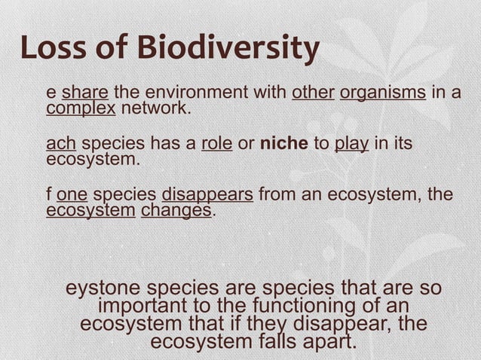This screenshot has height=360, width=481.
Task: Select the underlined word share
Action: click(85, 93)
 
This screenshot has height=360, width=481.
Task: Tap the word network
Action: click(156, 109)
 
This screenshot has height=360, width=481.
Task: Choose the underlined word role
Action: click(216, 144)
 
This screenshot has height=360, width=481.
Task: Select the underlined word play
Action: click(351, 144)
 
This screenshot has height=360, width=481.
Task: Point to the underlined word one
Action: click(72, 195)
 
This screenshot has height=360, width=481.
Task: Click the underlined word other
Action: click(313, 93)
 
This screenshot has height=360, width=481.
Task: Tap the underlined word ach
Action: click(61, 144)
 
